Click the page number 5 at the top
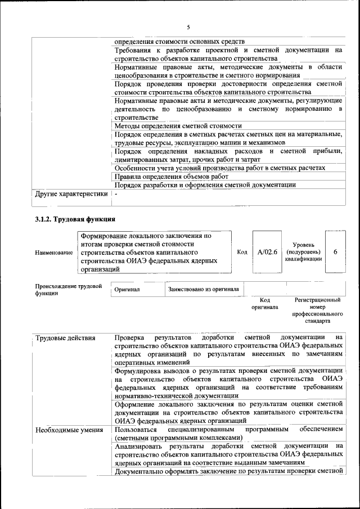(188, 27)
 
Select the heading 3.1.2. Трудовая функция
(75, 219)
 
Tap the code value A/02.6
(267, 252)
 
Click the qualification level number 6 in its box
(335, 252)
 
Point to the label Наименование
(54, 253)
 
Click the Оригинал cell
(127, 289)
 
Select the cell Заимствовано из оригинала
(203, 289)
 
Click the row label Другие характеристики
(71, 194)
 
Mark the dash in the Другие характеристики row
(116, 194)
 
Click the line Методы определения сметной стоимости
(178, 127)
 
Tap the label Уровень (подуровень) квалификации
(303, 252)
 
